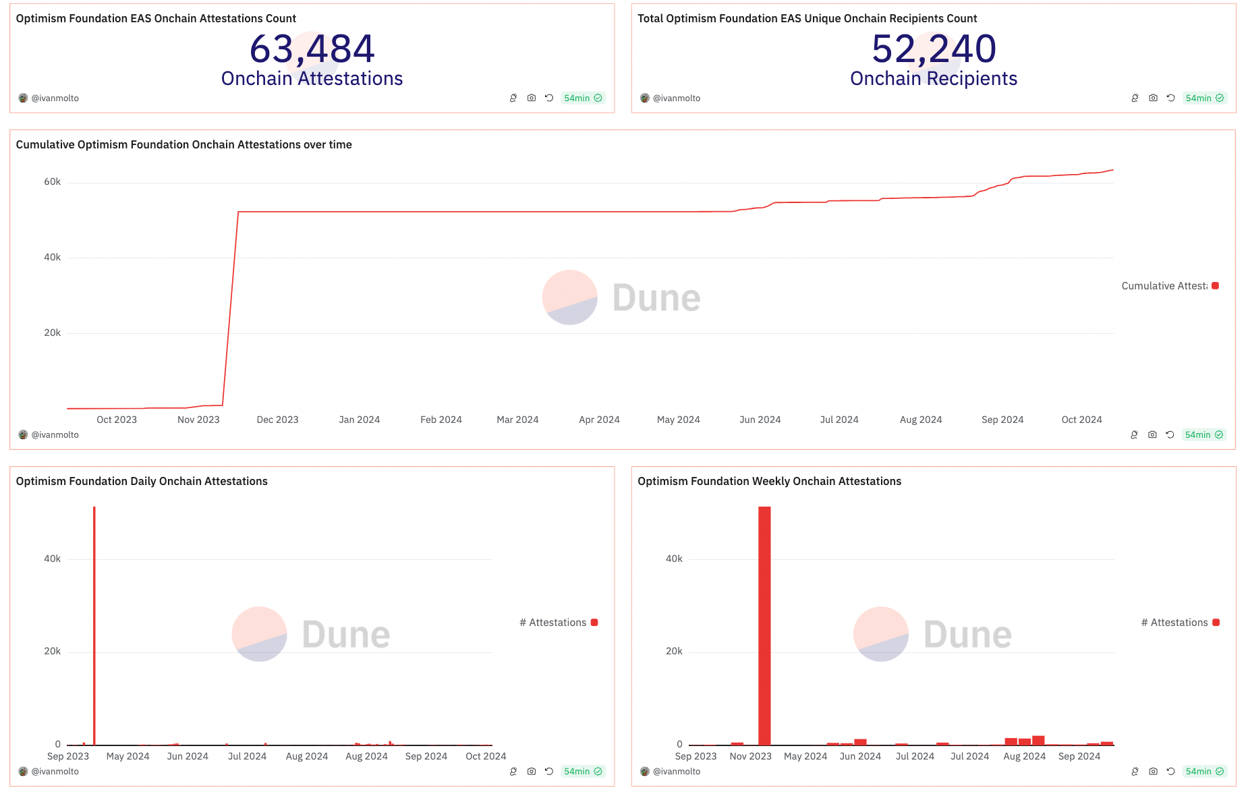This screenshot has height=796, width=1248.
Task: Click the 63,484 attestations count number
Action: pyautogui.click(x=312, y=49)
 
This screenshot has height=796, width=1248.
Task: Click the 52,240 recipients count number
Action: pyautogui.click(x=934, y=49)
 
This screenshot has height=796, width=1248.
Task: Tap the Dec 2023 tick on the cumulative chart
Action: pyautogui.click(x=277, y=420)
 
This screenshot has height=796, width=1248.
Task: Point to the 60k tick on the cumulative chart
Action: pyautogui.click(x=52, y=181)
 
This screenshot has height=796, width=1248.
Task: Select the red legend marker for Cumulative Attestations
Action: pyautogui.click(x=1215, y=286)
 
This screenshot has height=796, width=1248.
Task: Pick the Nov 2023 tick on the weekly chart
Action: pyautogui.click(x=750, y=756)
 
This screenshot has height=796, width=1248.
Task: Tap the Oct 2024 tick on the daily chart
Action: pyautogui.click(x=486, y=756)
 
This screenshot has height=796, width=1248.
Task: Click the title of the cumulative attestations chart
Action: pyautogui.click(x=183, y=144)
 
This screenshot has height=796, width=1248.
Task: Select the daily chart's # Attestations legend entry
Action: pyautogui.click(x=557, y=623)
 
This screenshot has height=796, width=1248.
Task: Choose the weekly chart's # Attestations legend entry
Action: pyautogui.click(x=1179, y=623)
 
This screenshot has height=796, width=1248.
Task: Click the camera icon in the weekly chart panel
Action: pyautogui.click(x=1153, y=771)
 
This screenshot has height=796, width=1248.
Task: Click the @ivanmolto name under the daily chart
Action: pyautogui.click(x=55, y=771)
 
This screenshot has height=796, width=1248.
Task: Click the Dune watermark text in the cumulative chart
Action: pyautogui.click(x=656, y=298)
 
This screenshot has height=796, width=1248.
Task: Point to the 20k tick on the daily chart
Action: pyautogui.click(x=52, y=651)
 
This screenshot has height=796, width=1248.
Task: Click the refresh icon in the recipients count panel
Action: pyautogui.click(x=1170, y=98)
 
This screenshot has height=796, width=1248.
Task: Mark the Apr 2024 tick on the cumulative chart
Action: pyautogui.click(x=599, y=420)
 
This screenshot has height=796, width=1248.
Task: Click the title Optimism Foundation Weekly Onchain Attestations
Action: pyautogui.click(x=769, y=481)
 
